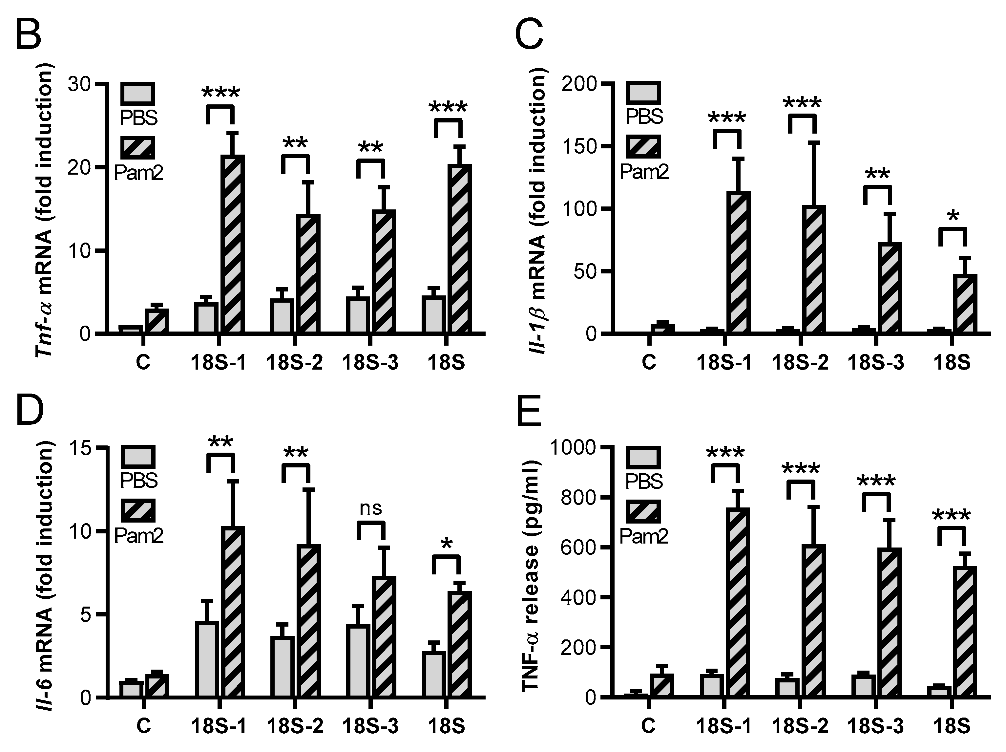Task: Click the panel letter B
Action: point(28,35)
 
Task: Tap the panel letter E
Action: point(530,410)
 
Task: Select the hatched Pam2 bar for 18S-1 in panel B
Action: point(233,244)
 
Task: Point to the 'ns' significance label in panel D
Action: point(371,508)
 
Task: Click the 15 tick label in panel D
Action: point(81,448)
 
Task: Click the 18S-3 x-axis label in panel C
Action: point(875,363)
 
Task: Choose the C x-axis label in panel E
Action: point(648,726)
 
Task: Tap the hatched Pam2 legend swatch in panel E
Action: point(643,511)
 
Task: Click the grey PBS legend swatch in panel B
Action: point(138,94)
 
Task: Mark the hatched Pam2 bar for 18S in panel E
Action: point(965,632)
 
